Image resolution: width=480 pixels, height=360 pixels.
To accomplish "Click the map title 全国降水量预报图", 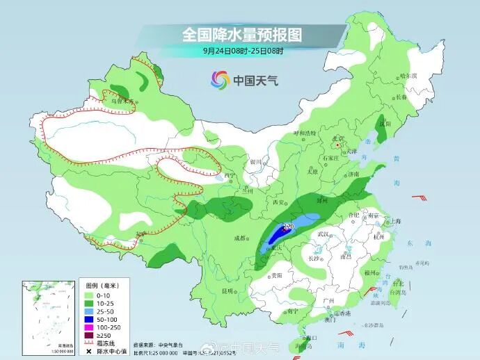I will click(x=242, y=34).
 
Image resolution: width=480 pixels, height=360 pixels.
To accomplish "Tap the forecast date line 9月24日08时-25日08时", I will click(x=242, y=51).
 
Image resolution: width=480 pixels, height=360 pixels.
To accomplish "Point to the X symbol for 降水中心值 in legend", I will click(x=90, y=351).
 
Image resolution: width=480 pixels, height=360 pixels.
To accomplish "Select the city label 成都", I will click(x=240, y=238).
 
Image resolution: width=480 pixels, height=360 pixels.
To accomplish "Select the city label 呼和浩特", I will click(x=305, y=132).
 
